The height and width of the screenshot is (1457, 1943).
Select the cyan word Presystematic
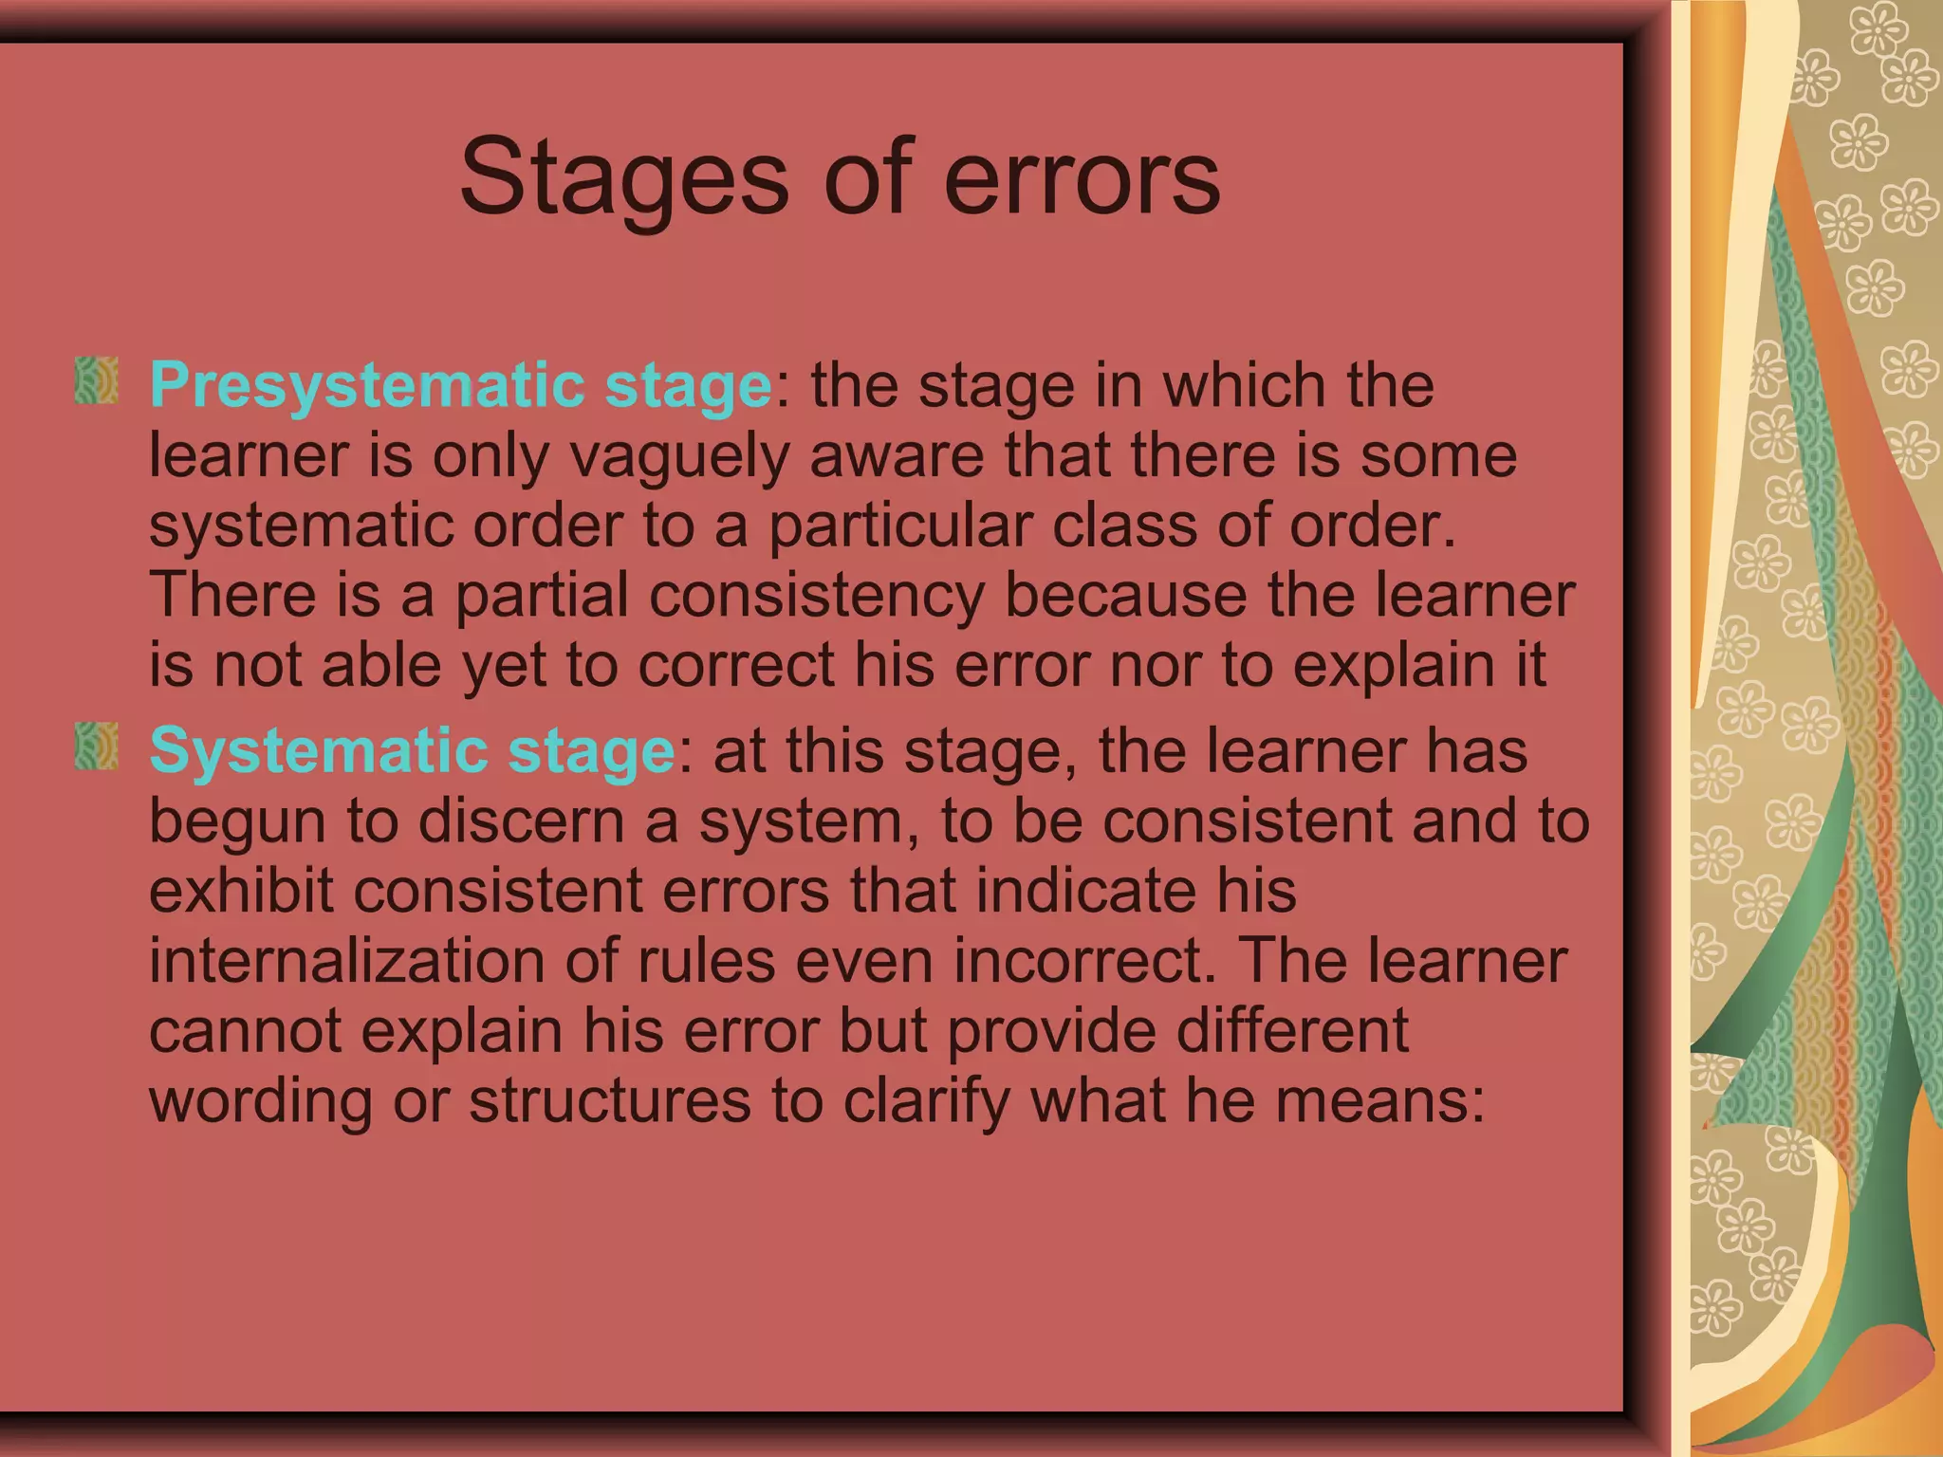[x=367, y=386]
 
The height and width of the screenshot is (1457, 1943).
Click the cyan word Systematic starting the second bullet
[x=319, y=751]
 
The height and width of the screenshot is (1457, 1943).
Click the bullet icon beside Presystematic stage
[x=96, y=380]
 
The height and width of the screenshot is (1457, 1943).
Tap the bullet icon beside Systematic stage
[x=96, y=746]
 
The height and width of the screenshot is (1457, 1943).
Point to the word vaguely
[x=679, y=456]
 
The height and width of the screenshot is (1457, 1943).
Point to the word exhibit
[x=241, y=891]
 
